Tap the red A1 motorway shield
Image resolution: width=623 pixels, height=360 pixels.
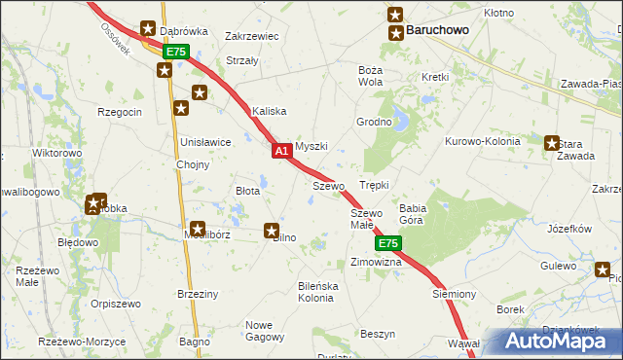(280, 151)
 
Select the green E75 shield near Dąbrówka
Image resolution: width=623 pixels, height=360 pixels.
(174, 51)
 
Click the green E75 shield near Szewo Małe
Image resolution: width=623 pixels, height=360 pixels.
(387, 242)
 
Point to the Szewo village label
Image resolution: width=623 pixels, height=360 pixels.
(329, 185)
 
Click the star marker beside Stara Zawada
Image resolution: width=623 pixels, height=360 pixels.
(553, 143)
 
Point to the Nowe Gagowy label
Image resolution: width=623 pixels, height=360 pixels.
(266, 331)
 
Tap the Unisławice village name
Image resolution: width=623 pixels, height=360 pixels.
(205, 142)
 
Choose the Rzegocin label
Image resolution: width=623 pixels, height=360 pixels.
(120, 112)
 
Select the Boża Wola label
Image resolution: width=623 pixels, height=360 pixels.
(370, 76)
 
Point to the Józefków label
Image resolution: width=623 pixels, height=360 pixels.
(570, 229)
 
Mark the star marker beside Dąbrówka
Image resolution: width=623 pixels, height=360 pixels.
(148, 30)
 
